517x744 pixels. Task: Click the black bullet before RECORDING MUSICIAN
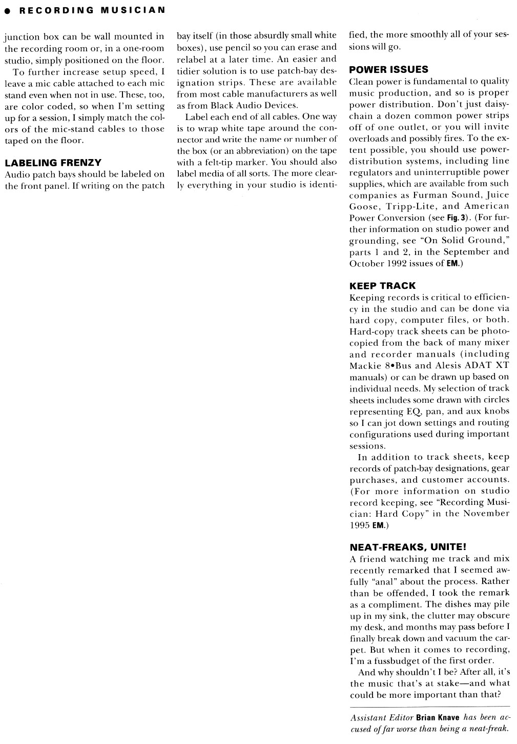[8, 10]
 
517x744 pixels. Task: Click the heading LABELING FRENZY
[53, 163]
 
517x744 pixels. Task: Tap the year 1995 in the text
[360, 525]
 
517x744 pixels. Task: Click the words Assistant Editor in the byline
[382, 718]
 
